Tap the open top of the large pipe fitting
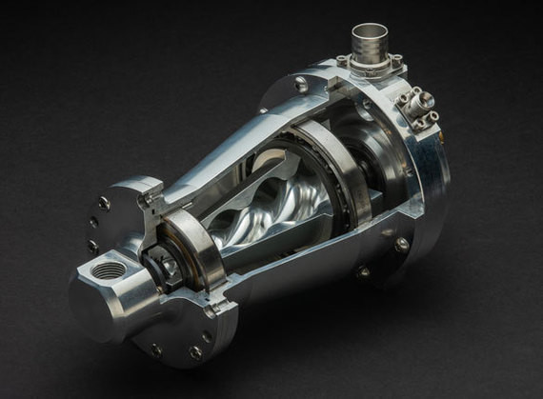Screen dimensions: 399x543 coord(369,31)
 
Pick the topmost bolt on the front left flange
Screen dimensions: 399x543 coord(104,203)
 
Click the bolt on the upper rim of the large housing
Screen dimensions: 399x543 coord(301,86)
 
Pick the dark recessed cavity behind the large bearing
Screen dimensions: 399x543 coord(376,162)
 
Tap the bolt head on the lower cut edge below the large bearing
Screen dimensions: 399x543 coord(362,271)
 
